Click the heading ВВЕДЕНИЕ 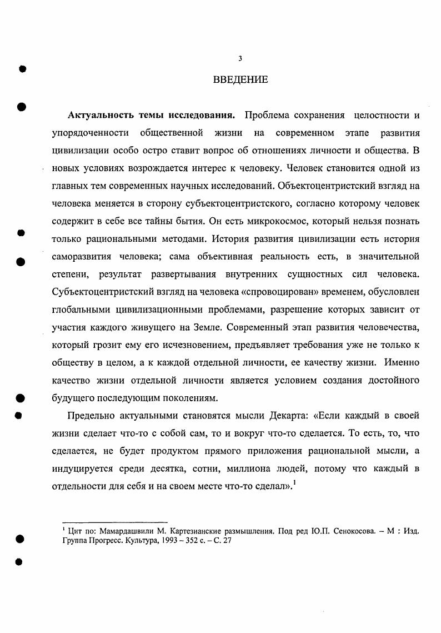point(240,80)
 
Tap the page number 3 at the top point(240,58)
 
